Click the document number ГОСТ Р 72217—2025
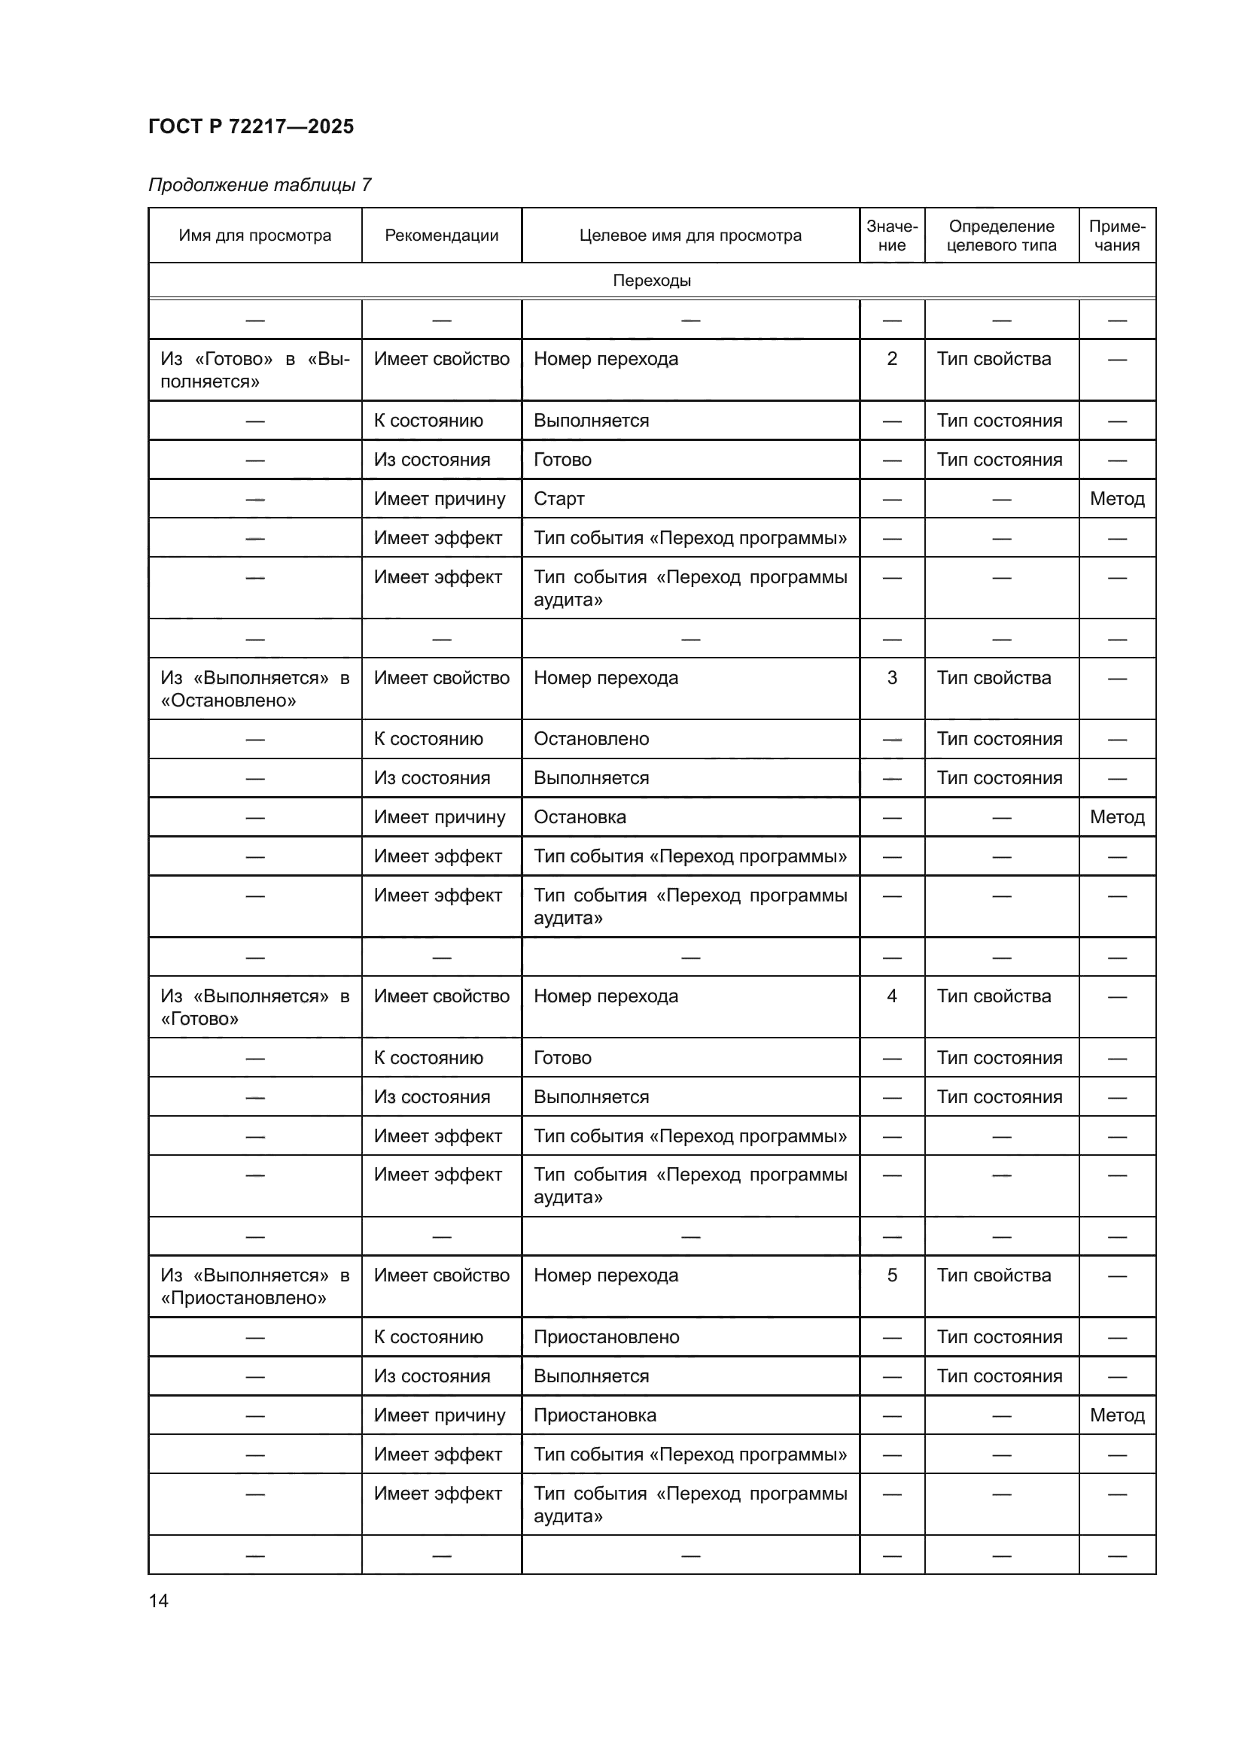click(x=251, y=126)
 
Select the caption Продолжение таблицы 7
click(x=259, y=185)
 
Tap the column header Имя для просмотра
click(x=254, y=236)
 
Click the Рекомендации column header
click(x=442, y=236)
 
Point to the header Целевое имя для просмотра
click(x=690, y=236)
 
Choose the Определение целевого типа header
click(x=1001, y=236)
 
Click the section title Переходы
click(x=652, y=281)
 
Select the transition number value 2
click(x=891, y=359)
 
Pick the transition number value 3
click(x=891, y=678)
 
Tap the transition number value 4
click(x=891, y=996)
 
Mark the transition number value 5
click(x=891, y=1275)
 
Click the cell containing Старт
click(x=559, y=499)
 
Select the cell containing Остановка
click(x=580, y=817)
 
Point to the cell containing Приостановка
click(x=595, y=1415)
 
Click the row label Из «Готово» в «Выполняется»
click(x=254, y=369)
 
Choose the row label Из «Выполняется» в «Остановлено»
click(x=254, y=688)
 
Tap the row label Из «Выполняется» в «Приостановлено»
click(x=254, y=1286)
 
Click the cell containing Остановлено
click(x=591, y=739)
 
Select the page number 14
click(x=159, y=1600)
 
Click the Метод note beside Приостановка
click(x=1117, y=1415)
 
